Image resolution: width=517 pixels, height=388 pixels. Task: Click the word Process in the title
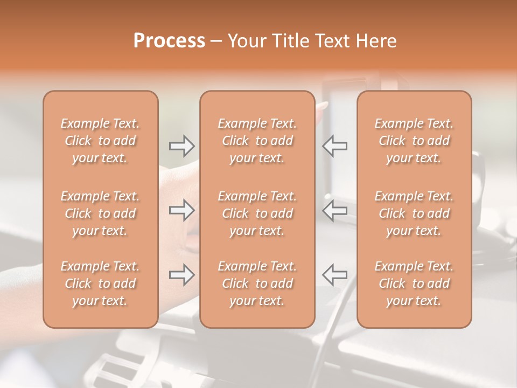(169, 41)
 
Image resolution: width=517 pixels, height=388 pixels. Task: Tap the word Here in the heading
(375, 41)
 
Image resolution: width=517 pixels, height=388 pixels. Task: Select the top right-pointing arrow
(181, 146)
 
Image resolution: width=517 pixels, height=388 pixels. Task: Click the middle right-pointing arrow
(181, 211)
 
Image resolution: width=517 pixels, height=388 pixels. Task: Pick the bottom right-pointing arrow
(181, 275)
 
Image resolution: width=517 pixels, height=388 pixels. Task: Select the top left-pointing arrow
(335, 146)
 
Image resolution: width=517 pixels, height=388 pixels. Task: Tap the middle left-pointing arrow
(335, 211)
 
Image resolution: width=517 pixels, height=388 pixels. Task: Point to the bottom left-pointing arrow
(335, 275)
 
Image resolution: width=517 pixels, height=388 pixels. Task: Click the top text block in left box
(100, 141)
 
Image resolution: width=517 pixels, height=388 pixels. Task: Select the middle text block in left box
(100, 213)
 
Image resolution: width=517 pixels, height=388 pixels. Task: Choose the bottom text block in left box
(100, 283)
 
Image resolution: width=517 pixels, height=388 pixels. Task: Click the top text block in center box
(257, 141)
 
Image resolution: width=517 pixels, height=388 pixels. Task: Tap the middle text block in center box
(257, 213)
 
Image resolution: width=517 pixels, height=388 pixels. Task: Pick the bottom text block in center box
(257, 283)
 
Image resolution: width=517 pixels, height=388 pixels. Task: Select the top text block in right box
(414, 141)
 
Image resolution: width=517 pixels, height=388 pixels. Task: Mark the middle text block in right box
(414, 213)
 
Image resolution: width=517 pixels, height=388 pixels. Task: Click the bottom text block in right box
(414, 283)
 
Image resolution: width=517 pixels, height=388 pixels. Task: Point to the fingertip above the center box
(322, 106)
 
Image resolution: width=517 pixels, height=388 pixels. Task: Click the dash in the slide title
(216, 41)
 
